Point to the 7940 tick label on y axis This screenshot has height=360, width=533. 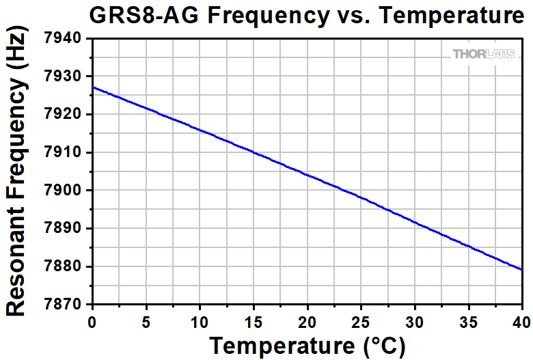pyautogui.click(x=67, y=39)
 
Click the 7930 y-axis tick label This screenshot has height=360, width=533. pyautogui.click(x=67, y=77)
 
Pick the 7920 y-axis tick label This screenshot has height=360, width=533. pyautogui.click(x=67, y=115)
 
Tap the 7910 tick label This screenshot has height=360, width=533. pyautogui.click(x=67, y=152)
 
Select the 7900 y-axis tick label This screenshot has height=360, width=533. pyautogui.click(x=67, y=191)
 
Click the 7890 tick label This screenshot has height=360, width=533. pyautogui.click(x=67, y=228)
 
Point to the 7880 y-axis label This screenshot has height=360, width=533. pyautogui.click(x=67, y=266)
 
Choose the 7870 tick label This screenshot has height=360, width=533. pyautogui.click(x=67, y=304)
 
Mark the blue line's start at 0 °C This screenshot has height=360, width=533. pyautogui.click(x=93, y=87)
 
